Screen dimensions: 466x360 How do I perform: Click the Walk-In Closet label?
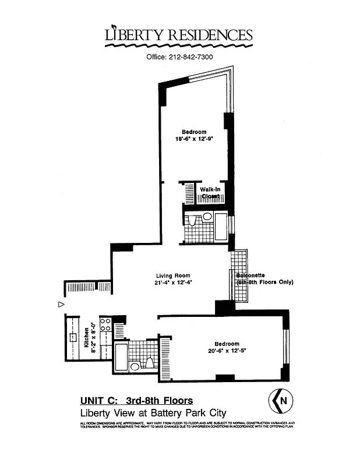[210, 193]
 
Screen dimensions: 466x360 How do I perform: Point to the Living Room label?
[173, 276]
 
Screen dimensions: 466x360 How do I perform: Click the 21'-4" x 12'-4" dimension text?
[174, 283]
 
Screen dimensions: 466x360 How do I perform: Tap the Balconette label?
[250, 276]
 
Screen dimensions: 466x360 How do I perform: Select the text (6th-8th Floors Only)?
[265, 283]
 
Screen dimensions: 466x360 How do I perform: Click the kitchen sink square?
[73, 337]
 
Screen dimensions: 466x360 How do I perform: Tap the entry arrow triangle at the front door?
[61, 304]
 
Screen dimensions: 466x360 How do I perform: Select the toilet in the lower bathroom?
[149, 363]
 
